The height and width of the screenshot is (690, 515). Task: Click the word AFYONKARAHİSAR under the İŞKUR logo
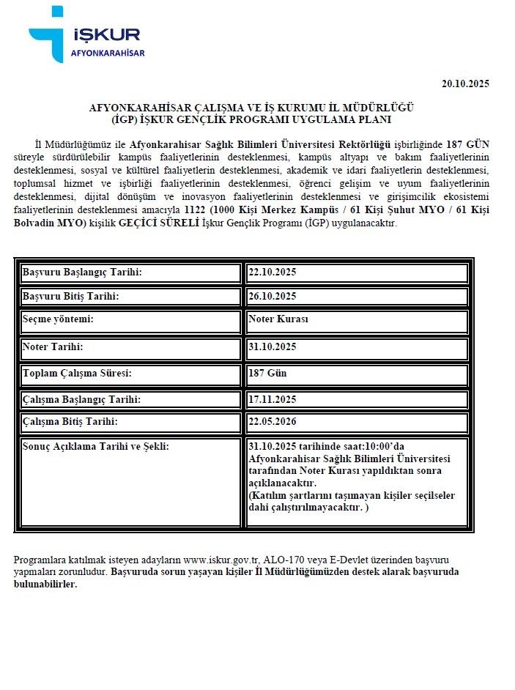tap(108, 53)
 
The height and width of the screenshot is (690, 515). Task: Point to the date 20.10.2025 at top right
tap(465, 84)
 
